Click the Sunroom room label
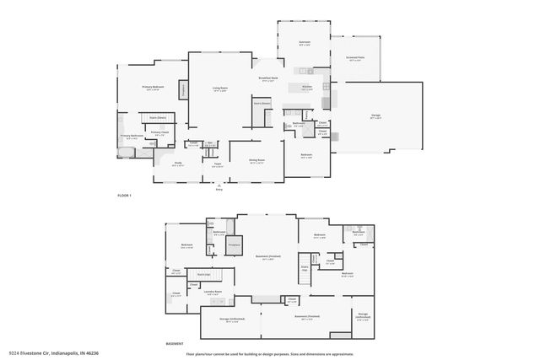tap(305, 42)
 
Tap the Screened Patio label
tap(355, 59)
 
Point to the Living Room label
tap(221, 89)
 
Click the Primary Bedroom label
tap(153, 88)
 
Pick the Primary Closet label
tap(159, 132)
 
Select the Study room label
tap(178, 164)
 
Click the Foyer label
tap(217, 165)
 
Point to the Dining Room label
tap(256, 160)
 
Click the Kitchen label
tap(307, 87)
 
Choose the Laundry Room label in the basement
tap(213, 293)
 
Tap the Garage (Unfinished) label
tap(232, 320)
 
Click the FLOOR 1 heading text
tap(125, 195)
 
